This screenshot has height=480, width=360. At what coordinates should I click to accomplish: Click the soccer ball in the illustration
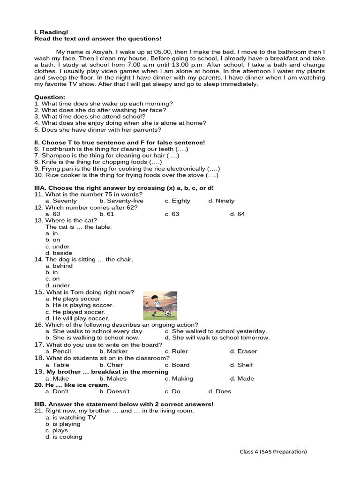[x=167, y=313]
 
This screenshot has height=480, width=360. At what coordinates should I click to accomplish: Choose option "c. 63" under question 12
[x=172, y=214]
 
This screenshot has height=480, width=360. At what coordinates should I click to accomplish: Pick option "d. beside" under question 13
[x=59, y=253]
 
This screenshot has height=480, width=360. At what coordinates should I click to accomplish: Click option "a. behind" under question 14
[x=59, y=266]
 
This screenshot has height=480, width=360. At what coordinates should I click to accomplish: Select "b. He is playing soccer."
[x=80, y=305]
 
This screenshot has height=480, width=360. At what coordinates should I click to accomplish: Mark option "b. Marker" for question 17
[x=113, y=351]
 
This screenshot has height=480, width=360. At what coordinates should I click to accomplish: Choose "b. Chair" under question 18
[x=111, y=365]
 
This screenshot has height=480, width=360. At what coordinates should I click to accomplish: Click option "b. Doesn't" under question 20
[x=114, y=391]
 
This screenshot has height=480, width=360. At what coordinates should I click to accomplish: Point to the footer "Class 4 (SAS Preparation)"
[x=273, y=452]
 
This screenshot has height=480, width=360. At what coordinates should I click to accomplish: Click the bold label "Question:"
[x=50, y=97]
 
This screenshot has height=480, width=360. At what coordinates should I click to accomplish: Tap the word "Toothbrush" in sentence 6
[x=58, y=149]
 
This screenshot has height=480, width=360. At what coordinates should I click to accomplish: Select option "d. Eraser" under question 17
[x=243, y=351]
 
